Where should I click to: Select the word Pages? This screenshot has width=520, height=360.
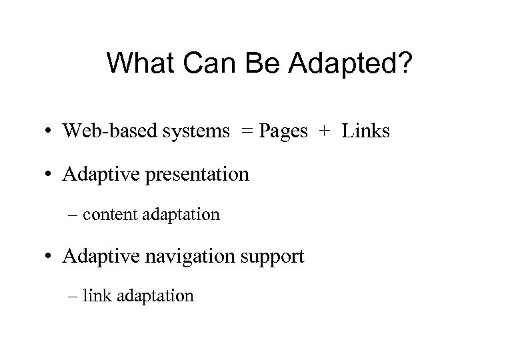pyautogui.click(x=283, y=132)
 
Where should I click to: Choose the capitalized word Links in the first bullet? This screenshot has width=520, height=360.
pyautogui.click(x=366, y=131)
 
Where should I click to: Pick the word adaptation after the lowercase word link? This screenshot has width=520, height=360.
pyautogui.click(x=155, y=295)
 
